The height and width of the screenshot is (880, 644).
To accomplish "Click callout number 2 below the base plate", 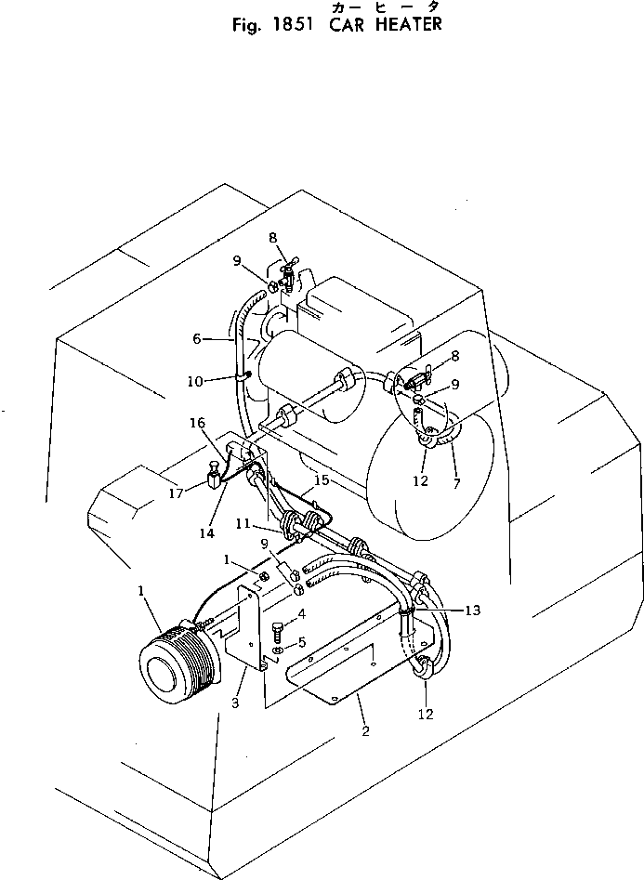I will (x=365, y=731).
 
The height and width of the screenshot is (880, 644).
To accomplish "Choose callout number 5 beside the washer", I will (x=301, y=642).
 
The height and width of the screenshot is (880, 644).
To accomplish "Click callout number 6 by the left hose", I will (x=196, y=341).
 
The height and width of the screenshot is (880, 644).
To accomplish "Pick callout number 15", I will (x=322, y=480).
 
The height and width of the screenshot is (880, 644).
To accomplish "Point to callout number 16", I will (x=198, y=422).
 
